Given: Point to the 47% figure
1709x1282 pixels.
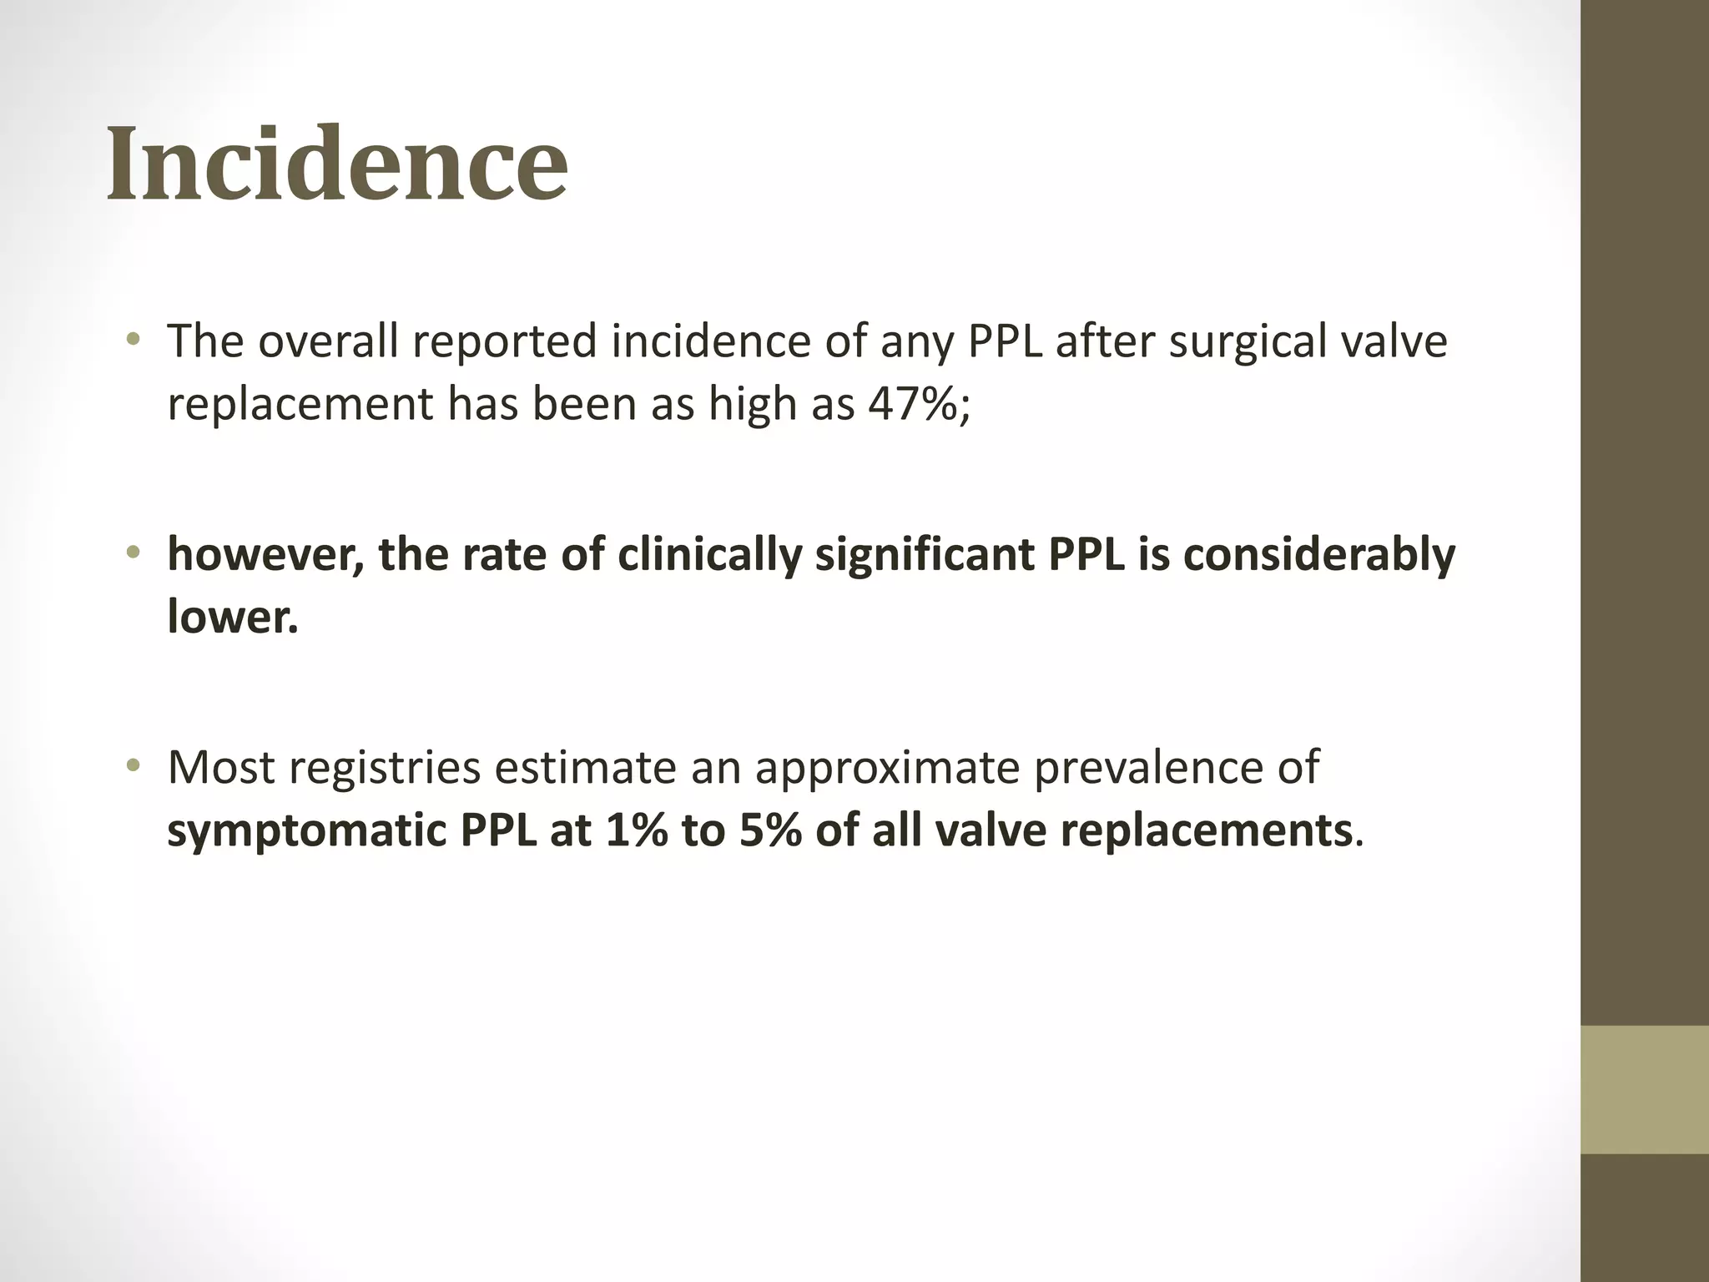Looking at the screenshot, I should point(918,404).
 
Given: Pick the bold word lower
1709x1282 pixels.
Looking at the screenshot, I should point(232,617).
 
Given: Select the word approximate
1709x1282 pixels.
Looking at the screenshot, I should point(887,769).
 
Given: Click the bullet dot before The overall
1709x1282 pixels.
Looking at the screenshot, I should point(133,340).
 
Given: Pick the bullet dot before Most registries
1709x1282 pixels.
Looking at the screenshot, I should point(133,765).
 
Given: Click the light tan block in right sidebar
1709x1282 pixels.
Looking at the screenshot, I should point(1645,1089).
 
